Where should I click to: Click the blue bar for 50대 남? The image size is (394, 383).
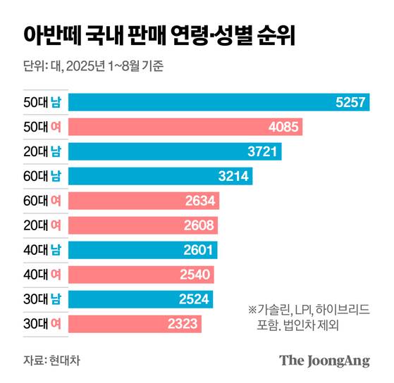point(219,103)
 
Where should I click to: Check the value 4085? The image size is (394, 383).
point(285,127)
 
